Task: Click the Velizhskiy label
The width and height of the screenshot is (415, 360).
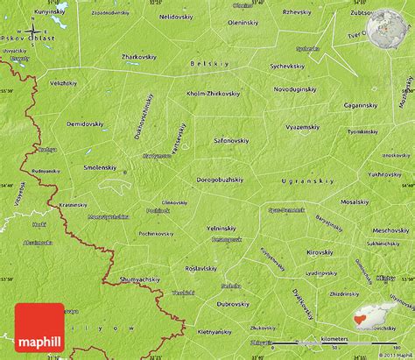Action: pos(63,106)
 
